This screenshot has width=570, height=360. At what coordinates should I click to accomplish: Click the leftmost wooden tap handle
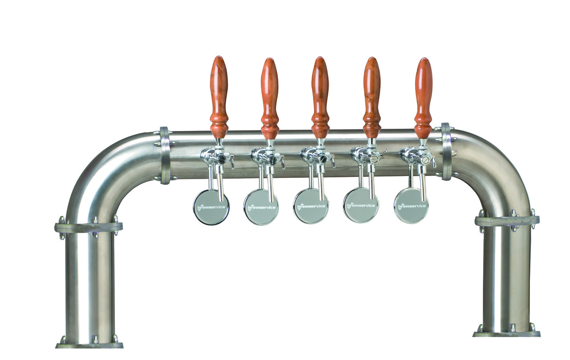click(x=219, y=97)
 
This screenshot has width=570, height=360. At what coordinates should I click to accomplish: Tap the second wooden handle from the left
click(x=269, y=98)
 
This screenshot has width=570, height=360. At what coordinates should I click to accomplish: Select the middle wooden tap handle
click(x=320, y=98)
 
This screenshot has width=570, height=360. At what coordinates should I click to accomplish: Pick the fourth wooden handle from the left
click(x=372, y=98)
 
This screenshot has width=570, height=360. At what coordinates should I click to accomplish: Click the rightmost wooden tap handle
click(x=423, y=98)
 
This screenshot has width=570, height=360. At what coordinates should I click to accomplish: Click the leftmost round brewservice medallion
click(x=211, y=207)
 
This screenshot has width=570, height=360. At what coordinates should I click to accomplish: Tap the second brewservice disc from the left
click(x=261, y=207)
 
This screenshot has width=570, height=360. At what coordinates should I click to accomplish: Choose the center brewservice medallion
click(x=311, y=206)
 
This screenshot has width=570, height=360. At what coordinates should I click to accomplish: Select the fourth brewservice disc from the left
click(x=361, y=205)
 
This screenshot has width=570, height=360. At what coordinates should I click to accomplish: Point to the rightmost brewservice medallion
click(x=411, y=206)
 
